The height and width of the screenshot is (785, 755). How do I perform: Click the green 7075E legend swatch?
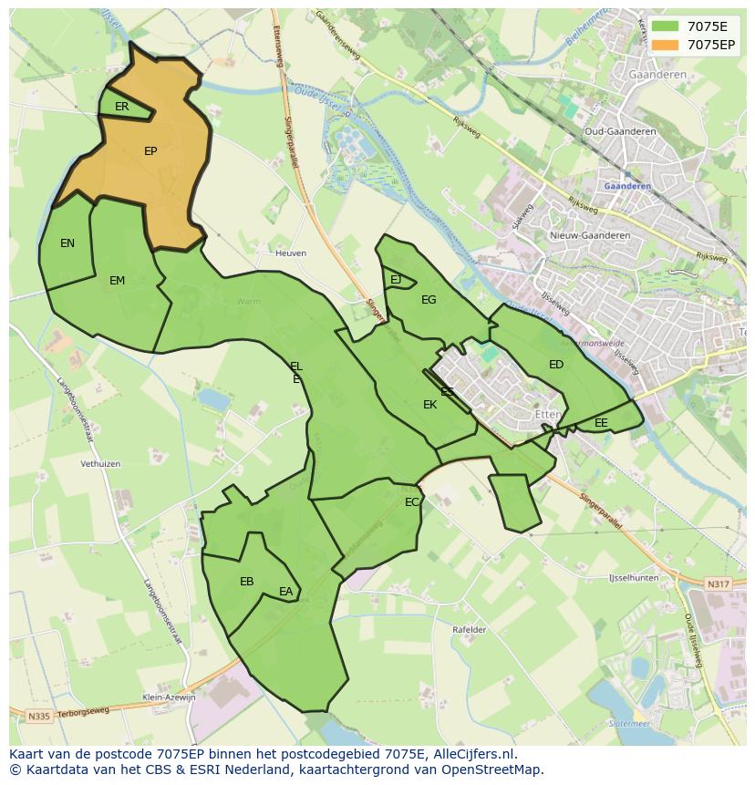coord(665,26)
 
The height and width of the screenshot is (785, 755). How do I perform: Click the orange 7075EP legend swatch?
coord(665,45)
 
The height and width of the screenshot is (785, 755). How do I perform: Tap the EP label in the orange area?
coord(150,151)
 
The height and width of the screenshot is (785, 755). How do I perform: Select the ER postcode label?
coord(122,107)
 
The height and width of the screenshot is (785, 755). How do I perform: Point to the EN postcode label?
coord(67,243)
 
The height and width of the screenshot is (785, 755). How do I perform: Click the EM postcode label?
coord(117,281)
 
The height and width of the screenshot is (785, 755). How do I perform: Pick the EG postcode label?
coord(429,300)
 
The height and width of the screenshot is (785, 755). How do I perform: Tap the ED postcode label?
coord(556,365)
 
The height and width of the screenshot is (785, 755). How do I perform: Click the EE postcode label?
coord(601,423)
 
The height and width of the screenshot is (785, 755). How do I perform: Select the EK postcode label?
coord(429,405)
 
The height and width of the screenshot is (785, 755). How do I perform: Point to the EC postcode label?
coord(412,502)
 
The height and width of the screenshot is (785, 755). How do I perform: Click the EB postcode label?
coord(246,582)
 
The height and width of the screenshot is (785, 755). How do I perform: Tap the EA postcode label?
coord(286,592)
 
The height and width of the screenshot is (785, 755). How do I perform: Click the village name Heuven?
coord(291,253)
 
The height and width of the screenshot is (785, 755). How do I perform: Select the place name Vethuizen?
coord(100,464)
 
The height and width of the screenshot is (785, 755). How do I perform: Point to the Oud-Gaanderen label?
coord(620,131)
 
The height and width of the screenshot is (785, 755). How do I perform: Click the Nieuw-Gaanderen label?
coord(590,235)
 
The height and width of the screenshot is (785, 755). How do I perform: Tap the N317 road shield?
coord(719,584)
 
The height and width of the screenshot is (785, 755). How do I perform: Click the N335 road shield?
coord(38,717)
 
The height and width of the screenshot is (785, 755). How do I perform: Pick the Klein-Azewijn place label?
coord(169,697)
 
